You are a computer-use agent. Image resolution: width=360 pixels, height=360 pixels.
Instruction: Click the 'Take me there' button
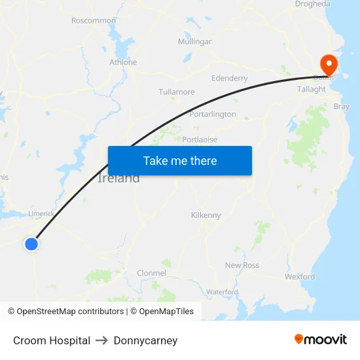click(x=180, y=160)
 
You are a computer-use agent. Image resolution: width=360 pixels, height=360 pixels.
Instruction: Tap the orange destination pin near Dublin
click(x=327, y=64)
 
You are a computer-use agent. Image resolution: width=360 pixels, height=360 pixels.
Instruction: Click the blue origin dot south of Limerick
click(x=31, y=244)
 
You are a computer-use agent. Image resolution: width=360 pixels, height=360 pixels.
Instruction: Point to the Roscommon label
click(x=94, y=20)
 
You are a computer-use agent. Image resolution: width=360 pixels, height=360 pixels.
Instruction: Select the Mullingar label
click(x=195, y=42)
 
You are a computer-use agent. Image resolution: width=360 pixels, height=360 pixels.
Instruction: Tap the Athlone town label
click(x=123, y=62)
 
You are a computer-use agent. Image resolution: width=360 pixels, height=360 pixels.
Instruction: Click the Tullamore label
click(x=177, y=92)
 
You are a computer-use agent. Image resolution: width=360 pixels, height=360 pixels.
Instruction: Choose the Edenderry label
click(x=230, y=79)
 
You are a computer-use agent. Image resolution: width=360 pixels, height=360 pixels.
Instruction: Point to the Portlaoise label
click(x=200, y=139)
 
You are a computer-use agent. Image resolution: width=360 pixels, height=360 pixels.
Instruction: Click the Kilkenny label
click(x=206, y=215)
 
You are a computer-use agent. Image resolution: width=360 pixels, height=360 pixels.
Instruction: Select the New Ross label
click(x=242, y=265)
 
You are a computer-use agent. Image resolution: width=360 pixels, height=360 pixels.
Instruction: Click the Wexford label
click(x=300, y=277)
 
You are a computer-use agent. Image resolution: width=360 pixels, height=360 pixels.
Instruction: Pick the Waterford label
click(x=222, y=291)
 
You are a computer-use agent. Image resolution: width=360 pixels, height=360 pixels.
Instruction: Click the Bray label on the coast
click(x=342, y=106)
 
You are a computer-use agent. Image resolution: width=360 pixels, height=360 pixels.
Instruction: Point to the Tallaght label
click(x=312, y=89)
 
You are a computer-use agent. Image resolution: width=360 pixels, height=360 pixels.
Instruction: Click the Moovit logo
click(x=321, y=340)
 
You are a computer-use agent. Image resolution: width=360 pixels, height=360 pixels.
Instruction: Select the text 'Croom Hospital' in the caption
click(x=52, y=340)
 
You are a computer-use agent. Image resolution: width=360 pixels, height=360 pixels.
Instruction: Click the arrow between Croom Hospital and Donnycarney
click(x=102, y=340)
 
